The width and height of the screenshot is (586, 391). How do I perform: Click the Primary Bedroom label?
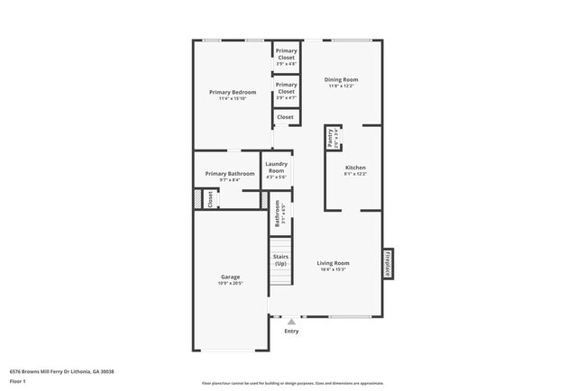[233, 93]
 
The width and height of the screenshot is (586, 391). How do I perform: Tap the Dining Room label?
[341, 80]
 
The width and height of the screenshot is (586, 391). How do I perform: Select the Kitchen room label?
[355, 168]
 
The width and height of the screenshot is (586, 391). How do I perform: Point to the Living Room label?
[332, 263]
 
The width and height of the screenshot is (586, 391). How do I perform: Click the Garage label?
[230, 277]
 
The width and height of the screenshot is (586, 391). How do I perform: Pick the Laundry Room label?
[276, 167]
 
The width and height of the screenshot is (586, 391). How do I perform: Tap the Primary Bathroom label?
[229, 174]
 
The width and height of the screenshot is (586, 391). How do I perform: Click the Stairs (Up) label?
[280, 260]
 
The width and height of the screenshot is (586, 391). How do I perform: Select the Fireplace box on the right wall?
[388, 263]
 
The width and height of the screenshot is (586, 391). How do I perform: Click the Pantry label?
[332, 138]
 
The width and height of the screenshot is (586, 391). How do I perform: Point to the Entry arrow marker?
[291, 321]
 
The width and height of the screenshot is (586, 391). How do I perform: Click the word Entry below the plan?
[291, 332]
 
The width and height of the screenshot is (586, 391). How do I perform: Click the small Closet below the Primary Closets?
[285, 117]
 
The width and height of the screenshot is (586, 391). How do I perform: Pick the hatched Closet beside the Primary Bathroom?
[210, 199]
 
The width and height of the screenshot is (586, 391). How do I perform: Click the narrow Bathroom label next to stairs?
[279, 213]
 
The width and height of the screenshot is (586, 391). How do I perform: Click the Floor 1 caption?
[18, 382]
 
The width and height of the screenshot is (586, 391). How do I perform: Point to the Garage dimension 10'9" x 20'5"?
[230, 283]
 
